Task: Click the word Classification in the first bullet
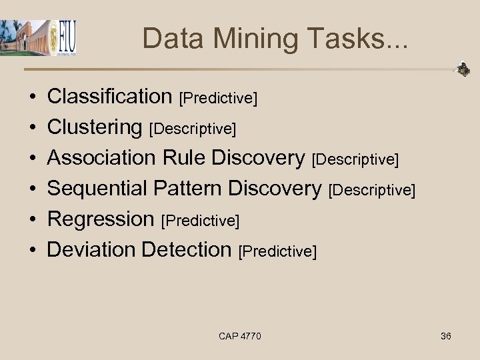(x=110, y=97)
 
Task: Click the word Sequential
(x=97, y=189)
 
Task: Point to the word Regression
(x=101, y=219)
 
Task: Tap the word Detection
(x=186, y=250)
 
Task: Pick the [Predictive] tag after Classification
(x=219, y=99)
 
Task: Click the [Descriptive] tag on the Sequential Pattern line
(x=372, y=191)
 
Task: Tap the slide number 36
(x=446, y=336)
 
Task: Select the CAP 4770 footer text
(x=240, y=336)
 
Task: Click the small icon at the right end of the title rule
(x=462, y=69)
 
